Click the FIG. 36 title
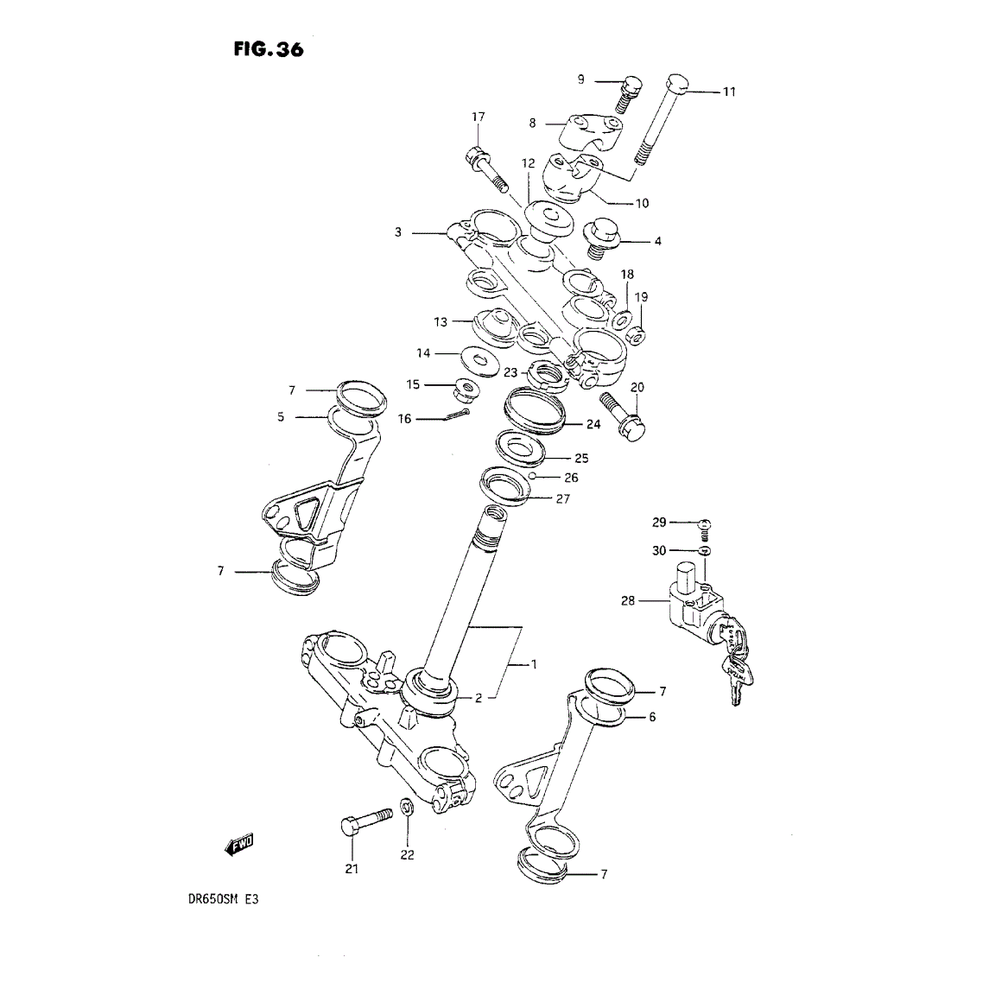click(268, 49)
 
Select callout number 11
click(729, 92)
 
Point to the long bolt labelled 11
click(659, 119)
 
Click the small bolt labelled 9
click(627, 95)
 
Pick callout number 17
click(479, 117)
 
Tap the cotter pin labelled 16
click(457, 415)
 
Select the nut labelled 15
click(466, 389)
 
